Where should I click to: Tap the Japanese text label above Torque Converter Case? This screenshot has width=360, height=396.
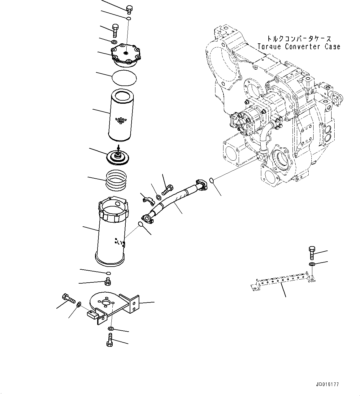pos(299,39)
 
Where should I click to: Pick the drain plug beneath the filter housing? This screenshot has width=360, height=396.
pos(108,281)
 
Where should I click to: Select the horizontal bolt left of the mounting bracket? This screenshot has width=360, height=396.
pos(68,298)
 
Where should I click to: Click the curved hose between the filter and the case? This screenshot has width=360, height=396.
pos(175,198)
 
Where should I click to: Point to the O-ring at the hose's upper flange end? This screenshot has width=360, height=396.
pos(211,180)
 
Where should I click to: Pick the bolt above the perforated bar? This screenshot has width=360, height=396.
pos(312,252)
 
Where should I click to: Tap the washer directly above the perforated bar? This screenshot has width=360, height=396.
pos(312,264)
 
